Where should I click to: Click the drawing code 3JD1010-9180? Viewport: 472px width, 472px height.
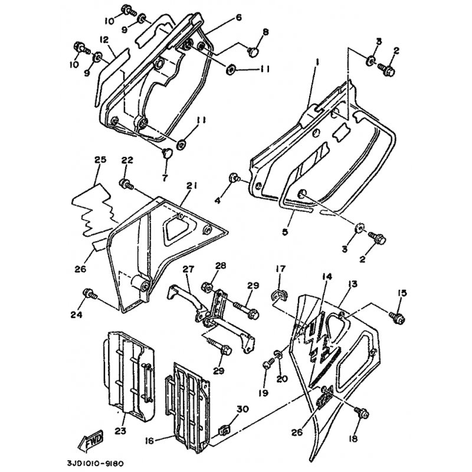pyautogui.click(x=95, y=463)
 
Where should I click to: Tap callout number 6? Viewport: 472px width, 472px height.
pyautogui.click(x=238, y=17)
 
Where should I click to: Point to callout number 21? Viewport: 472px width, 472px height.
pyautogui.click(x=191, y=186)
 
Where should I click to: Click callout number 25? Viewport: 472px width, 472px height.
pyautogui.click(x=100, y=159)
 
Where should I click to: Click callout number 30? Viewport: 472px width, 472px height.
pyautogui.click(x=242, y=409)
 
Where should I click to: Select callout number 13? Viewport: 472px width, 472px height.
pyautogui.click(x=352, y=284)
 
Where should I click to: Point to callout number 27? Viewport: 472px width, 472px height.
pyautogui.click(x=188, y=268)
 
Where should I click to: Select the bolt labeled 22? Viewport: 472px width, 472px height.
pyautogui.click(x=126, y=183)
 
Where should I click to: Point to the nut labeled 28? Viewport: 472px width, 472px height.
pyautogui.click(x=208, y=285)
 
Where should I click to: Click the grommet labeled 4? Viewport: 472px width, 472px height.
pyautogui.click(x=234, y=178)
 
